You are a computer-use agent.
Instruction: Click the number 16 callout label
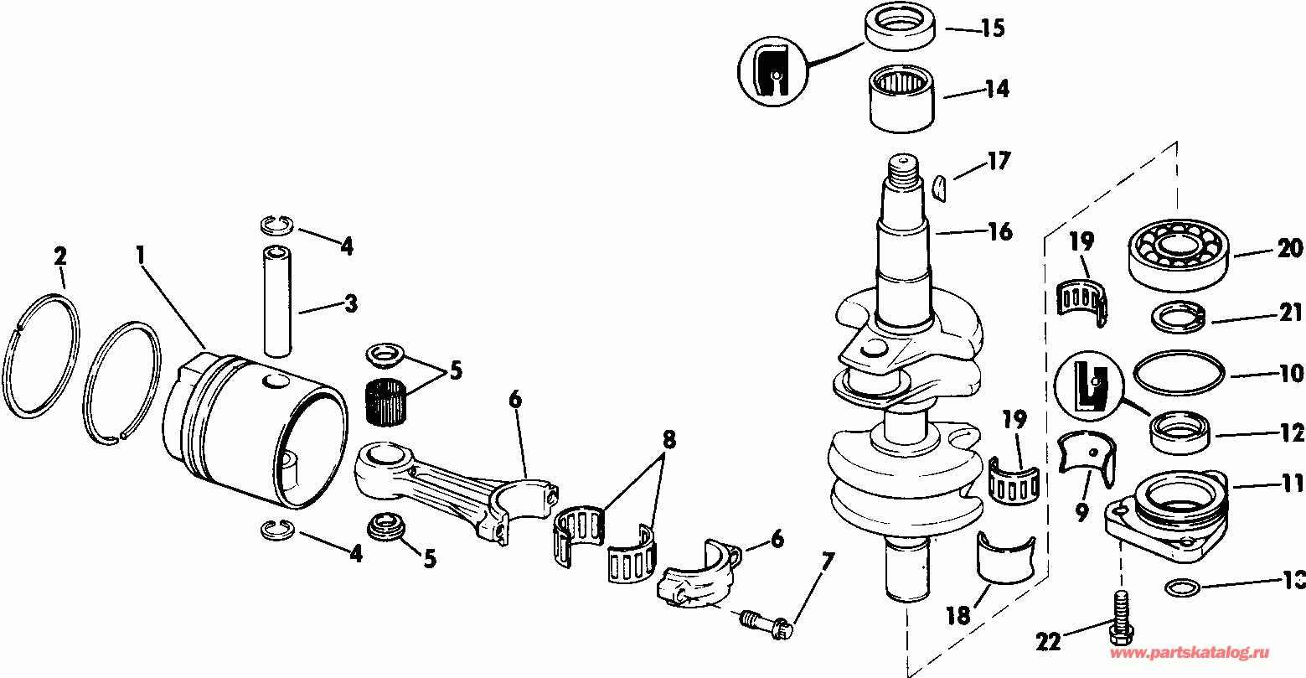pyautogui.click(x=999, y=230)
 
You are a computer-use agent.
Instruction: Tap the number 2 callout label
pyautogui.click(x=59, y=256)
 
